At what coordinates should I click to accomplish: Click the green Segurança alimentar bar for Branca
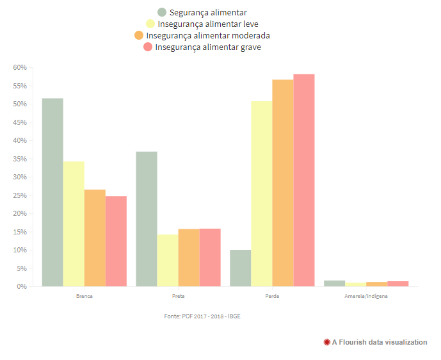[x=52, y=192]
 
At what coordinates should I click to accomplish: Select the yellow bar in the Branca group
[x=74, y=224]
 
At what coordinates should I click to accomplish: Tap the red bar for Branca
[x=116, y=241]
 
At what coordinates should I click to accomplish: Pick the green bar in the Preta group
[x=147, y=218]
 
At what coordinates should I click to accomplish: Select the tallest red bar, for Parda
[x=304, y=180]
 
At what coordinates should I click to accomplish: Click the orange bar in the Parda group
[x=283, y=183]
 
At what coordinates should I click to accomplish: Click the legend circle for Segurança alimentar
[x=162, y=12]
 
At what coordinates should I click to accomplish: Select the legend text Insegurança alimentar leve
[x=208, y=24]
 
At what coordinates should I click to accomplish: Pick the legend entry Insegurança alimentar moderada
[x=208, y=35]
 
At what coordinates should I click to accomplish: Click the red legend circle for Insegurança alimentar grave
[x=148, y=47]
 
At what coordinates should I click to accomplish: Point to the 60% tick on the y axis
[x=19, y=67]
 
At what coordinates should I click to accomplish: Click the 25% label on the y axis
[x=19, y=195]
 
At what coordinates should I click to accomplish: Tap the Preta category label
[x=178, y=297]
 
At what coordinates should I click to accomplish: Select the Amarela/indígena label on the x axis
[x=366, y=297]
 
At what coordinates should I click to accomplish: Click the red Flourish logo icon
[x=327, y=342]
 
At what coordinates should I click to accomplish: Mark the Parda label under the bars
[x=272, y=297]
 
